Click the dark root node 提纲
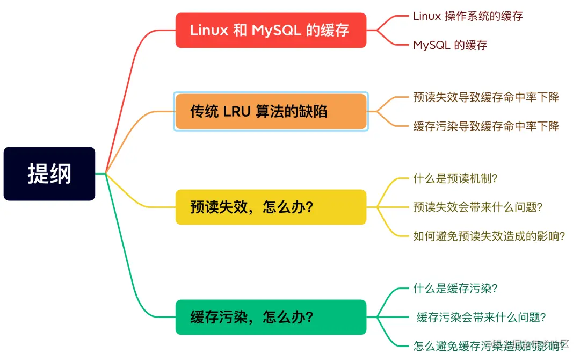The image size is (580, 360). [x=49, y=174]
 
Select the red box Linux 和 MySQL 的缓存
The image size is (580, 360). [x=271, y=30]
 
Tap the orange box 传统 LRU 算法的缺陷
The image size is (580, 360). [x=271, y=111]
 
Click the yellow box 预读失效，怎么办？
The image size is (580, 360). [x=271, y=207]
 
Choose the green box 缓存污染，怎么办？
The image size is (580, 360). [x=271, y=317]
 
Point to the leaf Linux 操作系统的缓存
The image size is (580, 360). [x=468, y=16]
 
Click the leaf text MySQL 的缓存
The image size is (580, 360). [x=450, y=45]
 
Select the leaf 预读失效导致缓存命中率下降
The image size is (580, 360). [x=486, y=97]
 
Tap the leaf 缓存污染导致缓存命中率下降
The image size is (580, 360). [x=486, y=126]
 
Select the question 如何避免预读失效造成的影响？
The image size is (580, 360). [x=489, y=236]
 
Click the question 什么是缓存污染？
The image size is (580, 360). [x=455, y=289]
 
